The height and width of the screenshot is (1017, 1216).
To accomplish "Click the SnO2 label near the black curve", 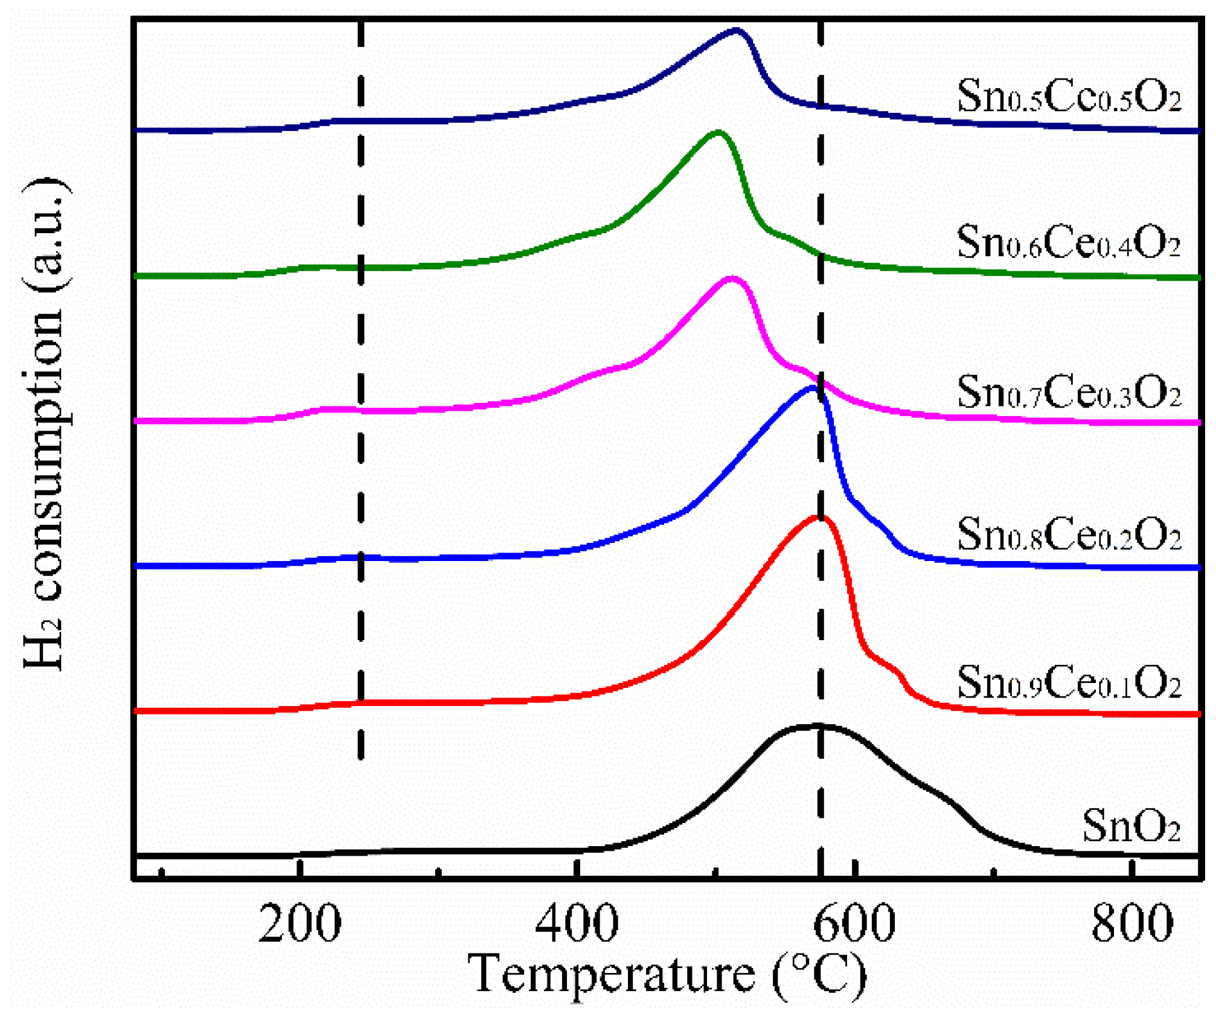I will pos(1130,826).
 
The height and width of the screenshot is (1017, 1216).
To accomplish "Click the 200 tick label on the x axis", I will pos(299,924).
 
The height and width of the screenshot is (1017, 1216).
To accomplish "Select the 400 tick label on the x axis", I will pos(577,924).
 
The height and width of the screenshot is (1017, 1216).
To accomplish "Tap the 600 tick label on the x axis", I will pos(854,924).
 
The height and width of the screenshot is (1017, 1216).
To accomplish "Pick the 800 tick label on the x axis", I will pos(1131,924).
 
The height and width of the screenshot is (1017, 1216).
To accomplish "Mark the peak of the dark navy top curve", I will pos(735,30).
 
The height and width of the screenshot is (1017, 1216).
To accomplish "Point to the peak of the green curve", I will pos(717,132).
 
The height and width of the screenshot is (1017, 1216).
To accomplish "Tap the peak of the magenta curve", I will pos(732,279).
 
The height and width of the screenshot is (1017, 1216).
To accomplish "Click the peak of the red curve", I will pos(819,518).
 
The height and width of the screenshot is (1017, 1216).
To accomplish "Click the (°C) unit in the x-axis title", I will pos(819,974).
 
